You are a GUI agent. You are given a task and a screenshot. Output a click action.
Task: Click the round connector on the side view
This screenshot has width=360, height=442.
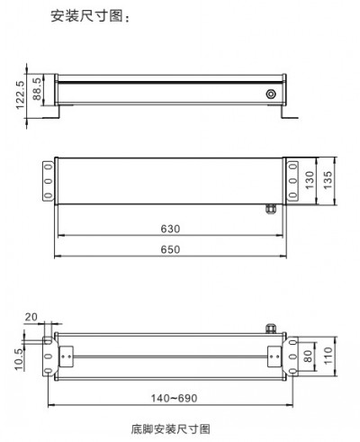(x=270, y=93)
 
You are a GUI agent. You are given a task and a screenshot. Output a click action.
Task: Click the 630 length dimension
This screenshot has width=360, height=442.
(x=170, y=228)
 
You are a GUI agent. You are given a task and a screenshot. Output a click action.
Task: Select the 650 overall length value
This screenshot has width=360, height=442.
(x=170, y=249)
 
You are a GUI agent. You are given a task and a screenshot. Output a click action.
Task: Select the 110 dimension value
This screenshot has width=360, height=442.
(x=329, y=356)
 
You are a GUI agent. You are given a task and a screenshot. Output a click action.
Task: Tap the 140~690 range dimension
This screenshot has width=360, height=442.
(x=170, y=397)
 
